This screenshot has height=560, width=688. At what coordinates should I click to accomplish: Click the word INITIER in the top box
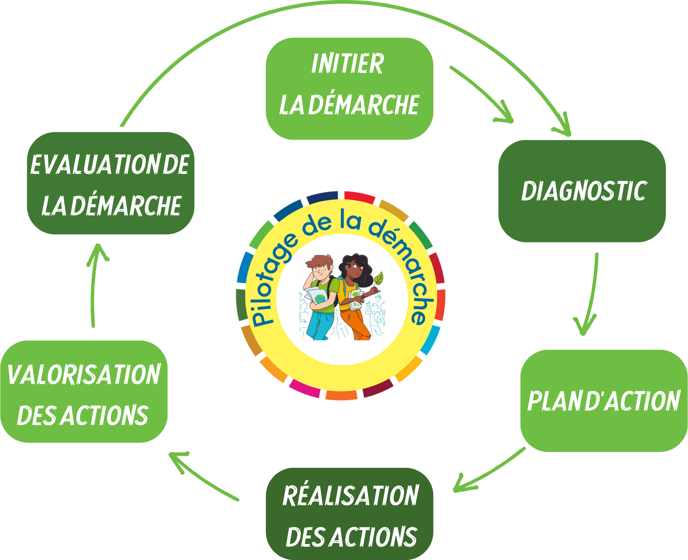coord(347,64)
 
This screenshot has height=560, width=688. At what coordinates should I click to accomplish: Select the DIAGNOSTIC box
coord(582,191)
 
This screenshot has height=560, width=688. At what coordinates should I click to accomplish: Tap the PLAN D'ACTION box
coord(603,401)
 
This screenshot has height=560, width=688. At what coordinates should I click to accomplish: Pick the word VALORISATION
coord(84,374)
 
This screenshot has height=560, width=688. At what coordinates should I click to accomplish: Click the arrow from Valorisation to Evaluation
coord(93,286)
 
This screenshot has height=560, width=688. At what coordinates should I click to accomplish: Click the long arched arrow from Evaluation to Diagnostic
coord(342,5)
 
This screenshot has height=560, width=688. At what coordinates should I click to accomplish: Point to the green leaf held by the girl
coord(379,278)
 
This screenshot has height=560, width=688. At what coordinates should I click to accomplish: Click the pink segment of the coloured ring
coord(305,388)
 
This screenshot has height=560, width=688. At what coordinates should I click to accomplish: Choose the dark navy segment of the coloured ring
coord(322,196)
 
